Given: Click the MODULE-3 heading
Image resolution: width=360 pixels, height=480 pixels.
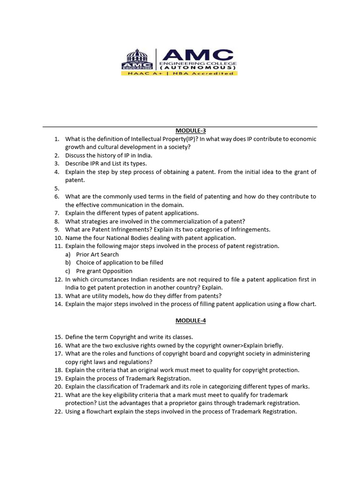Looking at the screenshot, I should (190, 131).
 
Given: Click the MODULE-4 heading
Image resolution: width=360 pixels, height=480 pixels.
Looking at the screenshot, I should (190, 321).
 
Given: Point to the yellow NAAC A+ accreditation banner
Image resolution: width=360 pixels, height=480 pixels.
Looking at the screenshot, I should (179, 73).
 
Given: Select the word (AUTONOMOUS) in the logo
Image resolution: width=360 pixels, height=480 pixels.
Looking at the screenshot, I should (198, 67).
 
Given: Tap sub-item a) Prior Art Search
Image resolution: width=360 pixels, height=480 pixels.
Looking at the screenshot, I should (97, 255).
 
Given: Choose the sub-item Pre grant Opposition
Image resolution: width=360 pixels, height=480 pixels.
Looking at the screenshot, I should (104, 271).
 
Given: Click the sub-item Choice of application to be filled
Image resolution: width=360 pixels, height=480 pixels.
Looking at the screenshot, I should (120, 262).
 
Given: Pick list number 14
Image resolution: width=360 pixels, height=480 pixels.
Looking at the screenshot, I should (58, 304).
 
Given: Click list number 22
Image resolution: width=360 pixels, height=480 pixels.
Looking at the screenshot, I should (58, 412).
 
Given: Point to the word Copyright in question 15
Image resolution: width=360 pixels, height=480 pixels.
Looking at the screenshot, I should (122, 337).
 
